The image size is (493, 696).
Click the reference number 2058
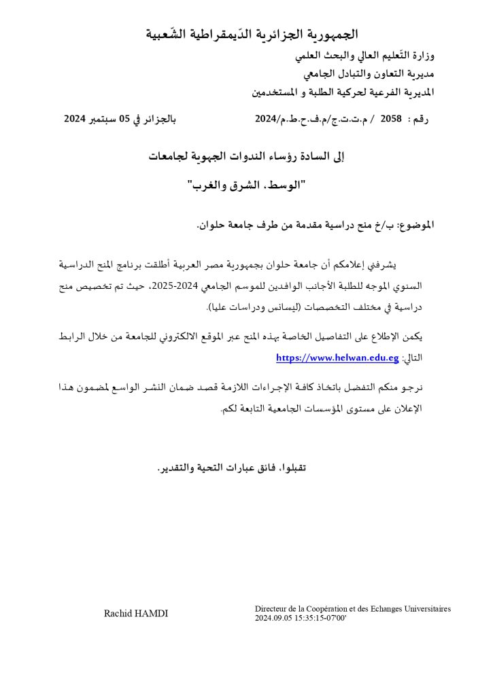(x=391, y=118)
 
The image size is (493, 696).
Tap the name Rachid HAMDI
(x=136, y=614)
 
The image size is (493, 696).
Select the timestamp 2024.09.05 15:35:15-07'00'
(x=301, y=619)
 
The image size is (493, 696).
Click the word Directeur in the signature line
(x=271, y=609)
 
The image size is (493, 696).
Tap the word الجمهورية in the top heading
(x=333, y=33)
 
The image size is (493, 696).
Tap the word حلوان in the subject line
(x=211, y=224)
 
